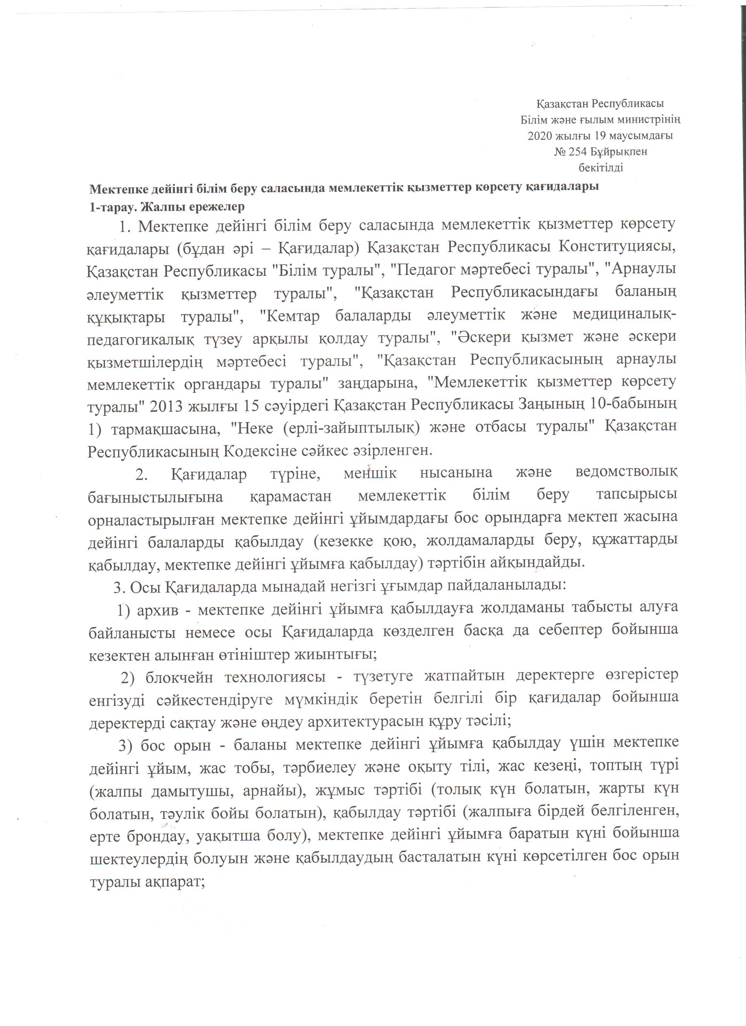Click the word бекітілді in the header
601,168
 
